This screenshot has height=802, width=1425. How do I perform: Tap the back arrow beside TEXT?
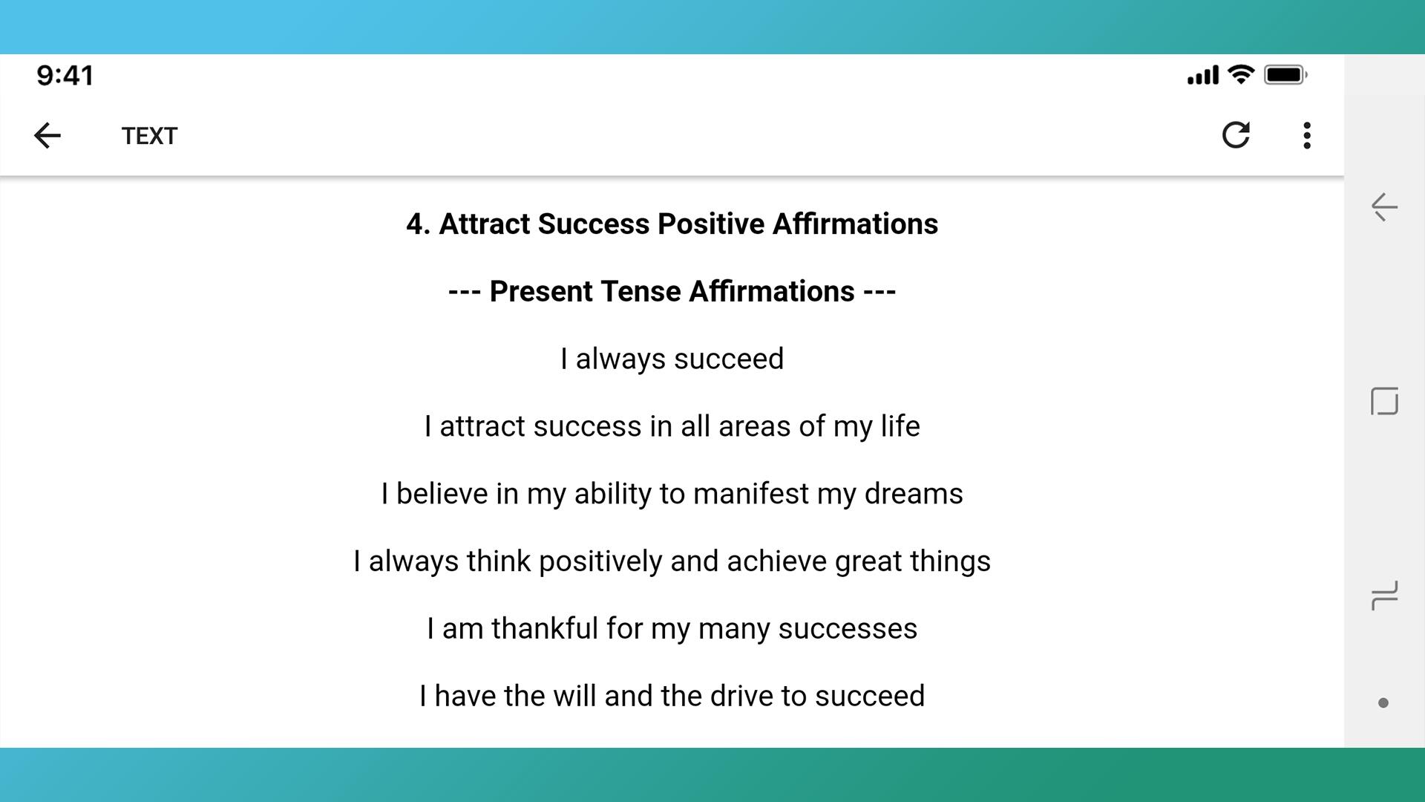click(x=47, y=135)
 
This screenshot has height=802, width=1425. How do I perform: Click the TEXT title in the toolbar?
click(x=149, y=136)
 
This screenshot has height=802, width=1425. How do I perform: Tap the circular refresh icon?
click(x=1236, y=135)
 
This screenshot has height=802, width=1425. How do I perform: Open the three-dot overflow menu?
click(x=1307, y=135)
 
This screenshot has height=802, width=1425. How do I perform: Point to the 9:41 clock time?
click(x=65, y=75)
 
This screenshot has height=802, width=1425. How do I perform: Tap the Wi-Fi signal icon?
click(x=1241, y=74)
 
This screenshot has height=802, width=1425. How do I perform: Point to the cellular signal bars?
click(x=1203, y=75)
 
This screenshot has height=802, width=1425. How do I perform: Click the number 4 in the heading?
click(x=418, y=224)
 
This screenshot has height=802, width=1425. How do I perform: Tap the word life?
click(x=900, y=426)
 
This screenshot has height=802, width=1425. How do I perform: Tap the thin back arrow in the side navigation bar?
click(x=1384, y=207)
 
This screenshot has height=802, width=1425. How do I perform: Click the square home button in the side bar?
click(x=1384, y=401)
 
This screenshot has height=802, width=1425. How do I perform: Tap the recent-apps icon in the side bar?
click(x=1384, y=596)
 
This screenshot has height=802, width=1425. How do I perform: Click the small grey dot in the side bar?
click(x=1383, y=702)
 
